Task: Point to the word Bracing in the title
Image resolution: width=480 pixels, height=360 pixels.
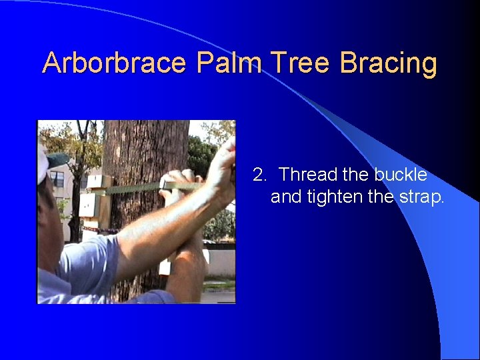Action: point(389,63)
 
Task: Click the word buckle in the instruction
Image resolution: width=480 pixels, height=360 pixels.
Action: point(401,175)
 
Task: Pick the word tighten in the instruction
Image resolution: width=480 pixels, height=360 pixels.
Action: point(335,197)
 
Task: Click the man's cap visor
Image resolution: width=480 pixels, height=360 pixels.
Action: point(57,159)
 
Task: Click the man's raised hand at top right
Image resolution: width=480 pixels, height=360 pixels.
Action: point(223,170)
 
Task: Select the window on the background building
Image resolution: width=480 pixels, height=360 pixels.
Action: point(59,179)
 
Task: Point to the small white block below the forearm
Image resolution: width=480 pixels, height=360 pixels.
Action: point(165,267)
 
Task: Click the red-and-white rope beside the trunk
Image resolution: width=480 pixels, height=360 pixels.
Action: point(100,230)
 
